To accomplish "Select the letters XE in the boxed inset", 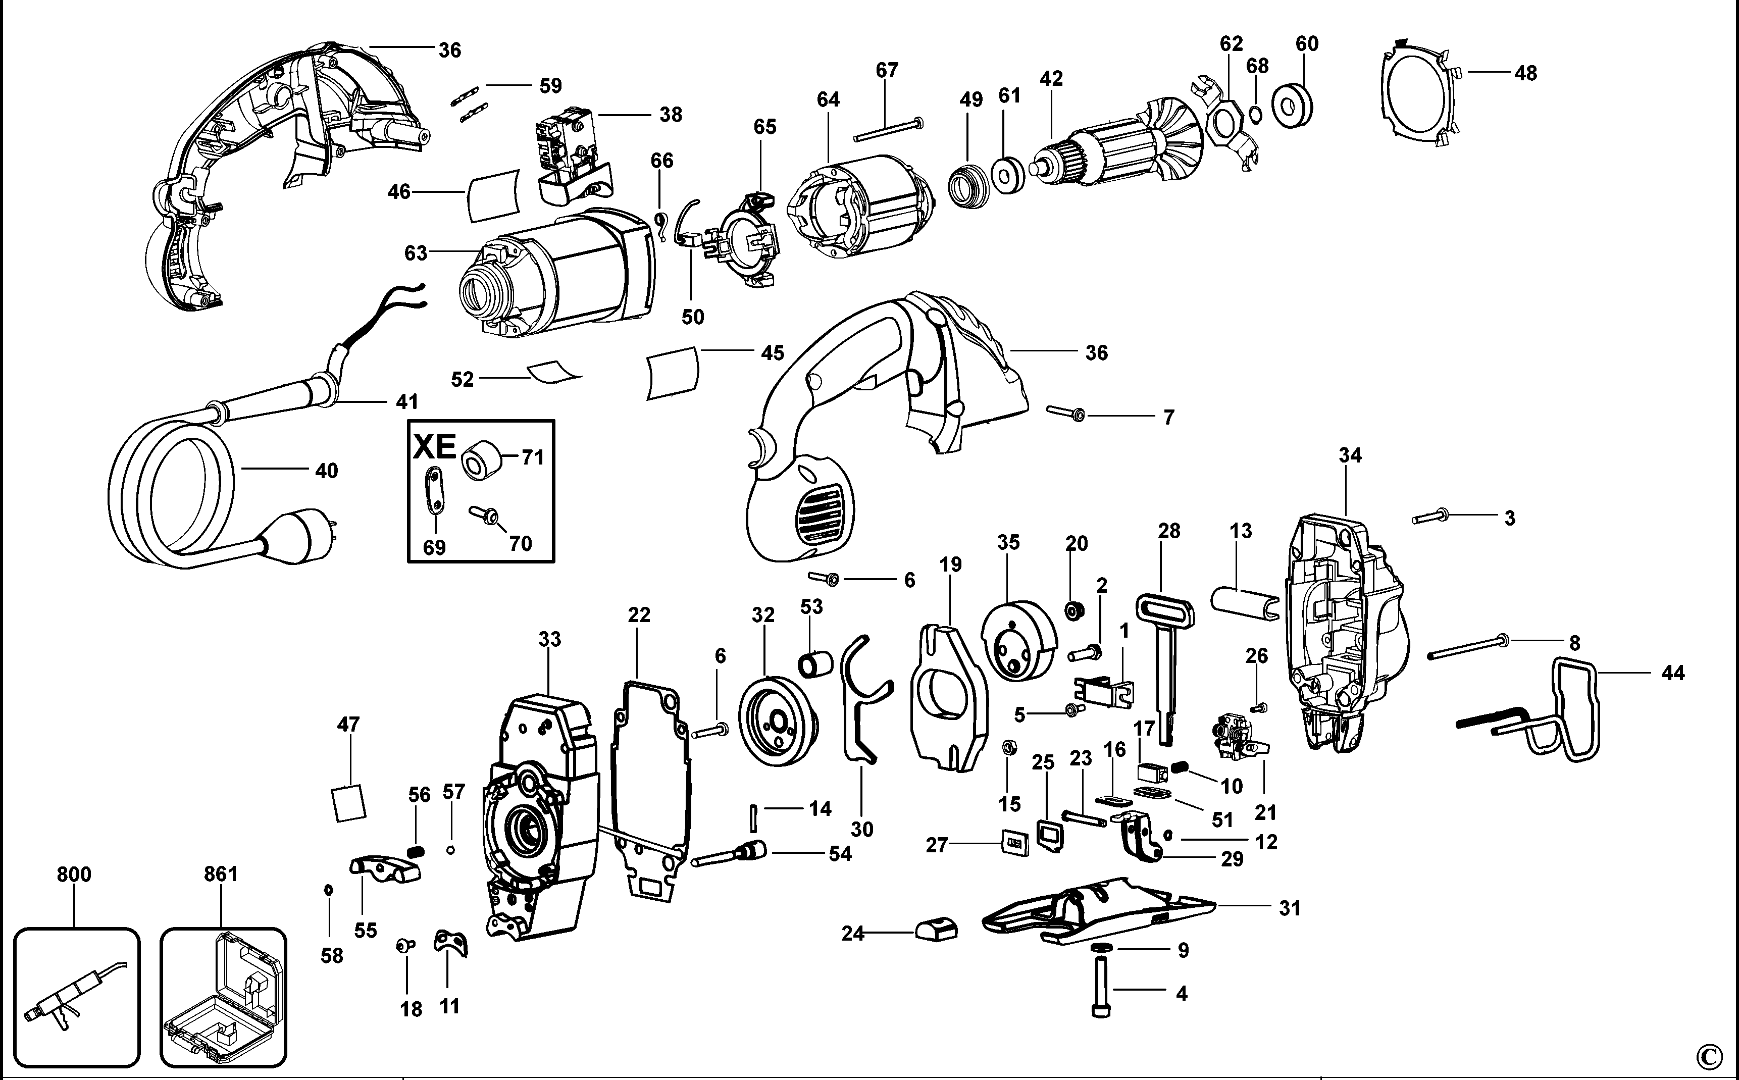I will point(435,447).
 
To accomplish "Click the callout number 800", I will point(74,875).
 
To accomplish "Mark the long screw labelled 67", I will point(888,130).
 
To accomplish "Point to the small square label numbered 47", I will point(348,804).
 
